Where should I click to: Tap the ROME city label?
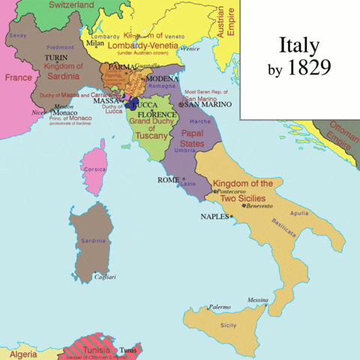click(167, 179)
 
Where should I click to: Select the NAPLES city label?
click(214, 216)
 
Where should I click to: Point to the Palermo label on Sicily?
click(220, 307)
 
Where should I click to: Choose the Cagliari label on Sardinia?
click(104, 277)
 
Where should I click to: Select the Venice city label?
click(191, 49)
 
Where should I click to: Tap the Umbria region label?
click(185, 150)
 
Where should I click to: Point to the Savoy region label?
click(17, 35)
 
